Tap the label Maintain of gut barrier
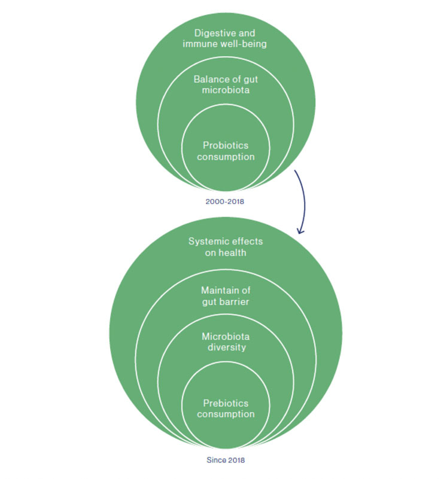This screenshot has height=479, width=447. click(226, 296)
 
